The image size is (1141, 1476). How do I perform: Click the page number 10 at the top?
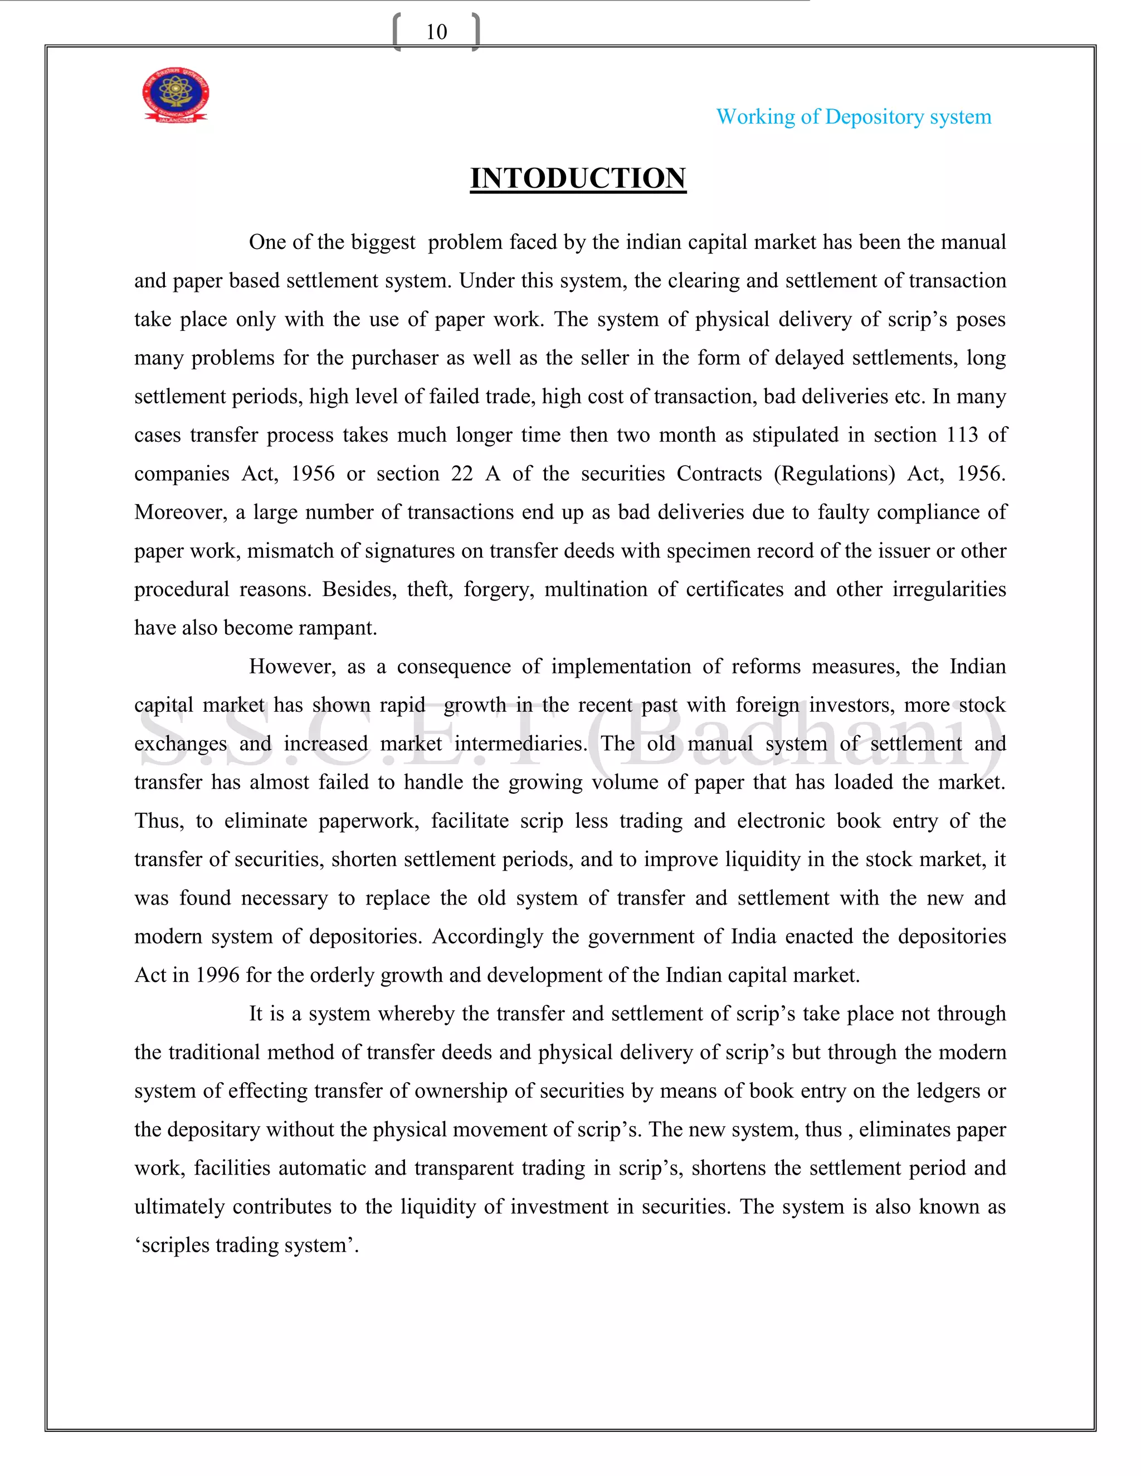436,32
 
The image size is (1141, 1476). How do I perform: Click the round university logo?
175,95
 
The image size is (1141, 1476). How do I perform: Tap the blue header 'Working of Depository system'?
853,117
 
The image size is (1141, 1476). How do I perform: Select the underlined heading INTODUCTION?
578,178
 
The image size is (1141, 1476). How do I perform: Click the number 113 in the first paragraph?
961,434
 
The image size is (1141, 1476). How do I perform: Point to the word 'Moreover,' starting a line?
180,512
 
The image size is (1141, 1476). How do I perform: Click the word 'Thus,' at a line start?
159,821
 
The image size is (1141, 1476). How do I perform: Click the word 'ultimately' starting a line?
178,1206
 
